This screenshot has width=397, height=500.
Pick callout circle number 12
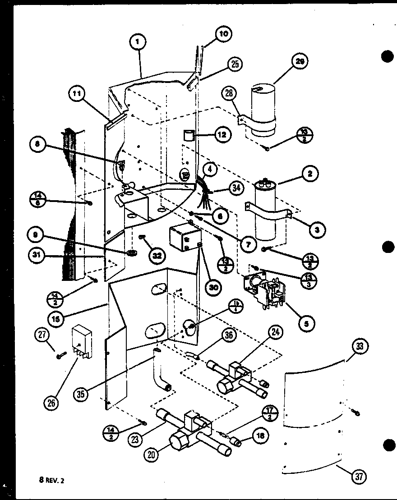222,134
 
